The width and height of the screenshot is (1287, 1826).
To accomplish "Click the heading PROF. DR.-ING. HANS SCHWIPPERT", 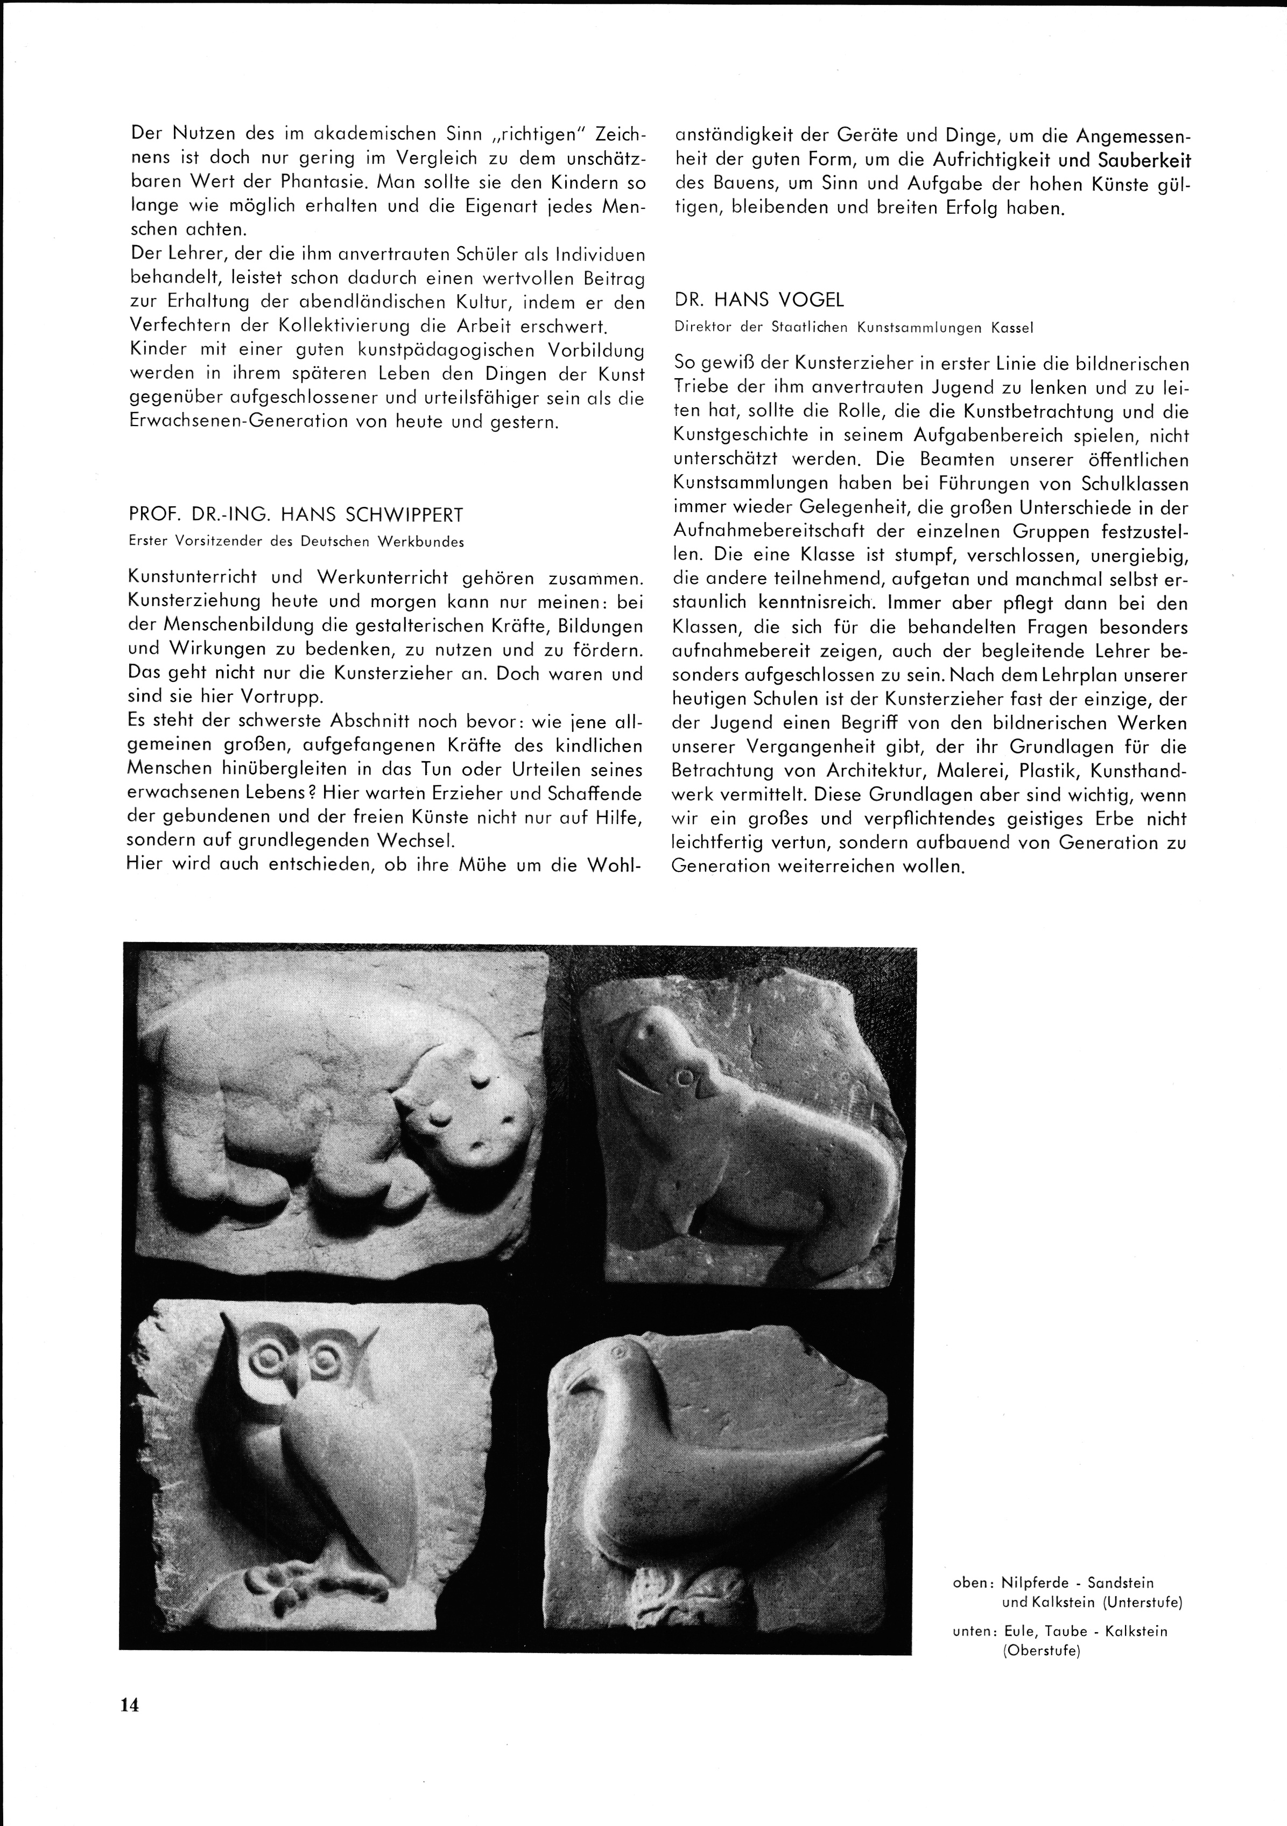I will tap(296, 514).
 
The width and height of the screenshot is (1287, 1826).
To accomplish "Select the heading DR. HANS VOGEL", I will tap(759, 300).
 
